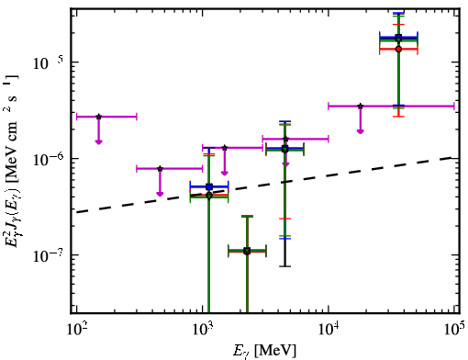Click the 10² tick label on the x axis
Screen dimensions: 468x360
[x=75, y=328]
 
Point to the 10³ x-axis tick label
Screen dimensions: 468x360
[x=202, y=328]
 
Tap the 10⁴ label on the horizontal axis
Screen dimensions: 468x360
[x=329, y=328]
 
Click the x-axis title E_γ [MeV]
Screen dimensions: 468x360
[x=265, y=351]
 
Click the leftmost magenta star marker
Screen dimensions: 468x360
[x=99, y=117]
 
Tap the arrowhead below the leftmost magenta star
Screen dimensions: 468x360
[x=98, y=141]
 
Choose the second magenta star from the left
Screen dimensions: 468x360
[x=160, y=169]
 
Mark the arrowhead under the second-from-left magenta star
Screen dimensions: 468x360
[x=160, y=194]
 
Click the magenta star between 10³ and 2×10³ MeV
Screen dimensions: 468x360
[x=225, y=148]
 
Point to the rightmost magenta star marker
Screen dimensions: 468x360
[x=361, y=107]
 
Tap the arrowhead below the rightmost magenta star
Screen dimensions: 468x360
[x=361, y=131]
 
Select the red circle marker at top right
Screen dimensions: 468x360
[x=398, y=49]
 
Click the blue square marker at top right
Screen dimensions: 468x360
[x=398, y=37]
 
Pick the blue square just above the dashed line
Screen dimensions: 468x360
[x=209, y=186]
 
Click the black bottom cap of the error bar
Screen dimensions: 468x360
[x=285, y=266]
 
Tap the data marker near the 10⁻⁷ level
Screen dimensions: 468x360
[x=247, y=252]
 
